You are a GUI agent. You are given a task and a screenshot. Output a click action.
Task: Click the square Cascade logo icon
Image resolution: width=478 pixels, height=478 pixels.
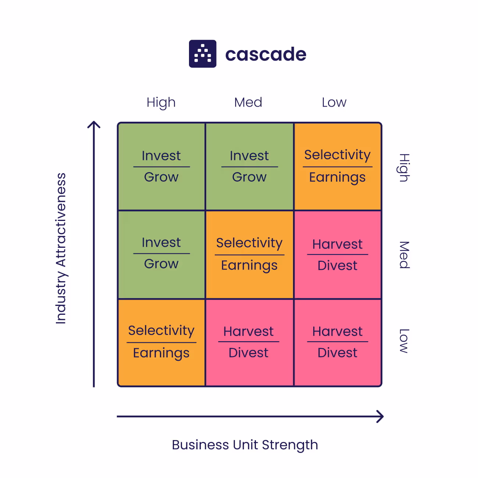203,54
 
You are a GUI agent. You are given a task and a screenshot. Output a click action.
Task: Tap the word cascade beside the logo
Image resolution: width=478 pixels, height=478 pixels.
265,54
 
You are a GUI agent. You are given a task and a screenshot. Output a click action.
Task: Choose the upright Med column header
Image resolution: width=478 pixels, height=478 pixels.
248,102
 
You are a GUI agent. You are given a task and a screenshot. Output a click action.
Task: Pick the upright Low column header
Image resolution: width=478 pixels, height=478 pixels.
334,102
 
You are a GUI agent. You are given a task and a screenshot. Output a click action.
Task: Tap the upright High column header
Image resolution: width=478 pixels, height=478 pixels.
161,103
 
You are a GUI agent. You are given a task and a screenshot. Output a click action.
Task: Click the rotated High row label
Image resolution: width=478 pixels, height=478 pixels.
404,168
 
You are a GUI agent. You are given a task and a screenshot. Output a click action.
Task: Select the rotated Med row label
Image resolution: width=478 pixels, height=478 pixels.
404,255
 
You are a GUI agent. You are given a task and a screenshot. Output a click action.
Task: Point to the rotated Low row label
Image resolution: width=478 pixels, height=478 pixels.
404,341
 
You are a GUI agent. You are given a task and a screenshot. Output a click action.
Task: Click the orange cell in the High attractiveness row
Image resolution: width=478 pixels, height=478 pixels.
338,166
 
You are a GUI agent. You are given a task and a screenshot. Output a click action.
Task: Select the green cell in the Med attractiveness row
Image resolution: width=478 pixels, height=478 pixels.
161,254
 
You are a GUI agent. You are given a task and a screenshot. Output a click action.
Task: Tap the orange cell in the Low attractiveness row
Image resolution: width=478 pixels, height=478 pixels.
161,342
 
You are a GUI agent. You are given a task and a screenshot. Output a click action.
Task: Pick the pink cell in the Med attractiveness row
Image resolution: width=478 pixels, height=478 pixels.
338,254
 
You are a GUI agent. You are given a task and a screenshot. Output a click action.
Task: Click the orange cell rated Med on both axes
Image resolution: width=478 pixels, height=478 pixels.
249,254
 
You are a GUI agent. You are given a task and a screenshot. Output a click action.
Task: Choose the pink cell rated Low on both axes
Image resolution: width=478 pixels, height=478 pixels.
338,342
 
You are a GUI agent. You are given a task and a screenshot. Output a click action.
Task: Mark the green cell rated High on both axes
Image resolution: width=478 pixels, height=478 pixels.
161,166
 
